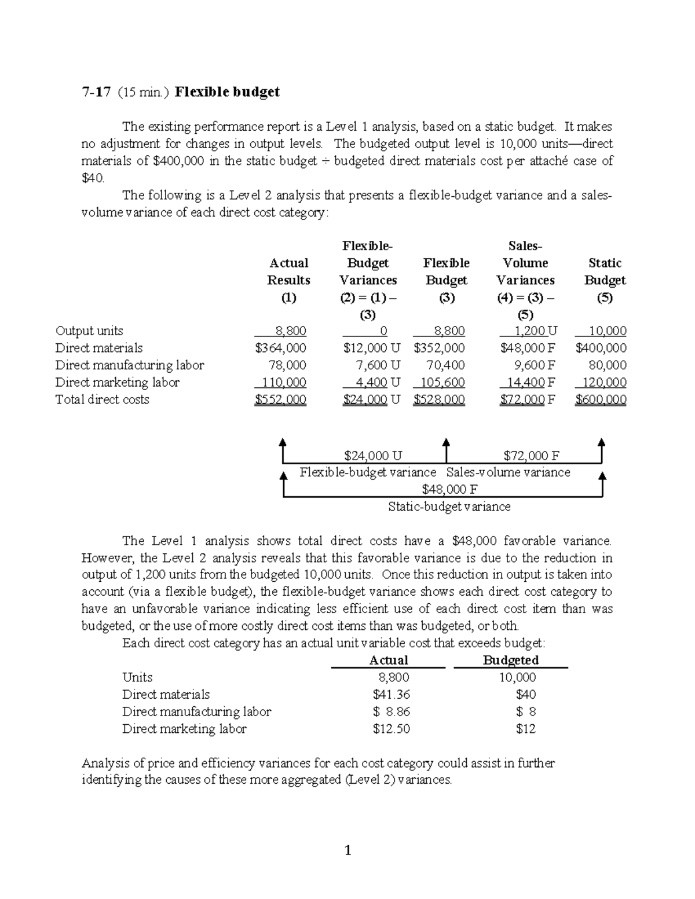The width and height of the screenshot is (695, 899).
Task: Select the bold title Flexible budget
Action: (227, 92)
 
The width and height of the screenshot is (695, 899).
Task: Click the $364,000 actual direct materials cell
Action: (281, 348)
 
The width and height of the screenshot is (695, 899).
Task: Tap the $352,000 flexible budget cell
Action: (439, 348)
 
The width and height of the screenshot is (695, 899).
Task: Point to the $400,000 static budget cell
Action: (601, 348)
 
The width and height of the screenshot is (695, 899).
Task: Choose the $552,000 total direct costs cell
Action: (281, 399)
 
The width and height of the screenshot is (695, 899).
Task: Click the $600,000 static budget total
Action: (601, 399)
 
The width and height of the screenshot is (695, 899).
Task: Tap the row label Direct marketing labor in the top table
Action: (117, 383)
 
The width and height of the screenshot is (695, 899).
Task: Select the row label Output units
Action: (89, 331)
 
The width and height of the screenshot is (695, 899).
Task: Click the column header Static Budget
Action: (605, 271)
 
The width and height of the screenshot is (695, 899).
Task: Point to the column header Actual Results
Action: (288, 271)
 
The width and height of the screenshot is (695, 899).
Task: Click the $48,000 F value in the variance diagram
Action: (449, 490)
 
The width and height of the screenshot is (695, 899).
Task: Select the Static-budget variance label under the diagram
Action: (449, 507)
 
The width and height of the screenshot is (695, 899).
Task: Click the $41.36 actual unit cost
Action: (392, 695)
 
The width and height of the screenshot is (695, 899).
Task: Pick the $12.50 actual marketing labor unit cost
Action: (392, 729)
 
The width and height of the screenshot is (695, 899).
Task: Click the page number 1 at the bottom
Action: (348, 850)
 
